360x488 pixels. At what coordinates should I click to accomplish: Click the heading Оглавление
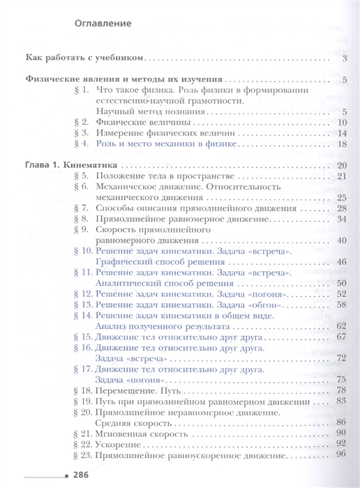click(103, 24)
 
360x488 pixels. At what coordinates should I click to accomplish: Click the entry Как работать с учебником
click(83, 58)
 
